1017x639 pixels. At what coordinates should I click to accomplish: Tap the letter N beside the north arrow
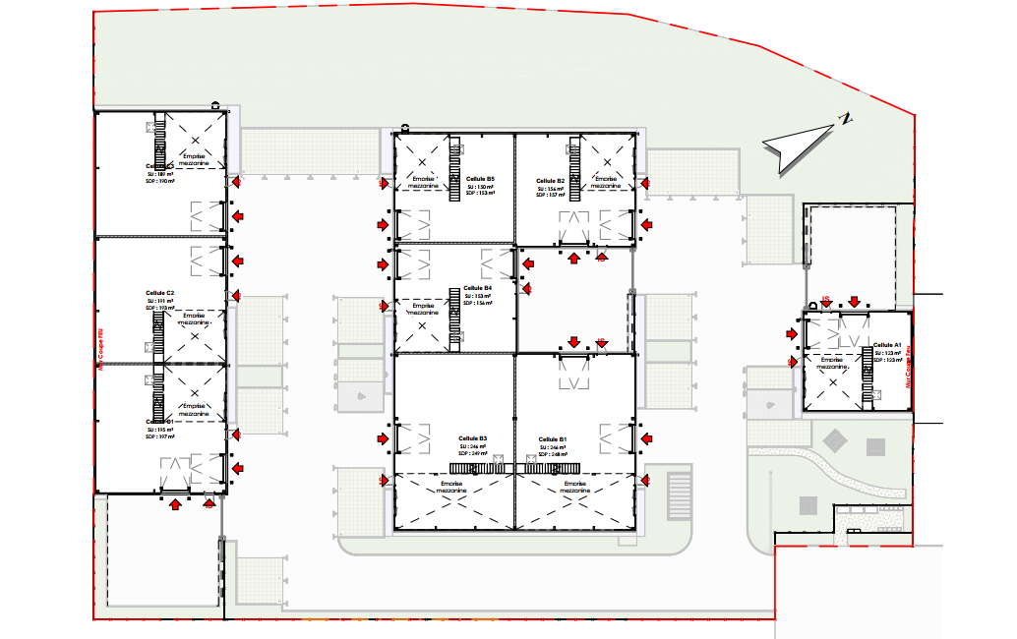coord(845,119)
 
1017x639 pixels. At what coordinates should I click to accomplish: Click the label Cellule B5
coord(480,178)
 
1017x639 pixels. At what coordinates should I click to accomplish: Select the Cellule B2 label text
coord(551,181)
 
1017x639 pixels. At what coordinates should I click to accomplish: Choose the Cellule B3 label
coord(472,438)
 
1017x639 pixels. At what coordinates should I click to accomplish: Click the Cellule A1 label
coord(887,345)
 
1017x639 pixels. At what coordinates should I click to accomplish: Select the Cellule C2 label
coord(160,293)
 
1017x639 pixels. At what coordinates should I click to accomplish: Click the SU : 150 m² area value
coord(480,186)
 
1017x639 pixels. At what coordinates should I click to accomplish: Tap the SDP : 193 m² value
coord(159,308)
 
